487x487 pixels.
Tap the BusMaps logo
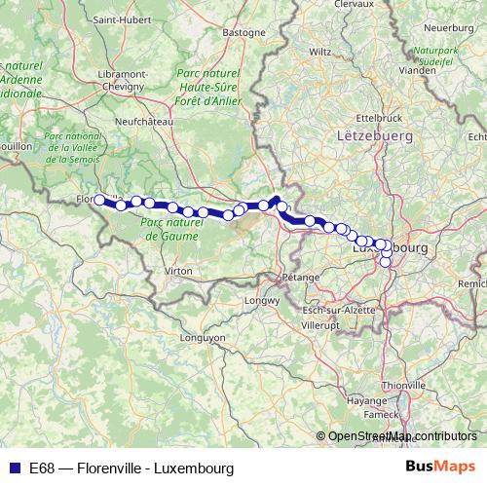point(440,468)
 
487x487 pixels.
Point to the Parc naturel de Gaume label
point(169,230)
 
